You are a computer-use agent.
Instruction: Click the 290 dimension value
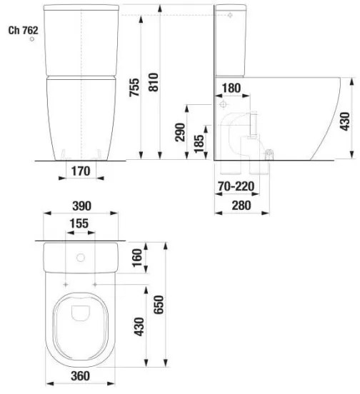(x=181, y=133)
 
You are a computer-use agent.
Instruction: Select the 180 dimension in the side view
(x=231, y=89)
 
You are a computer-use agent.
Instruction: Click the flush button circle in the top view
(x=80, y=257)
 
